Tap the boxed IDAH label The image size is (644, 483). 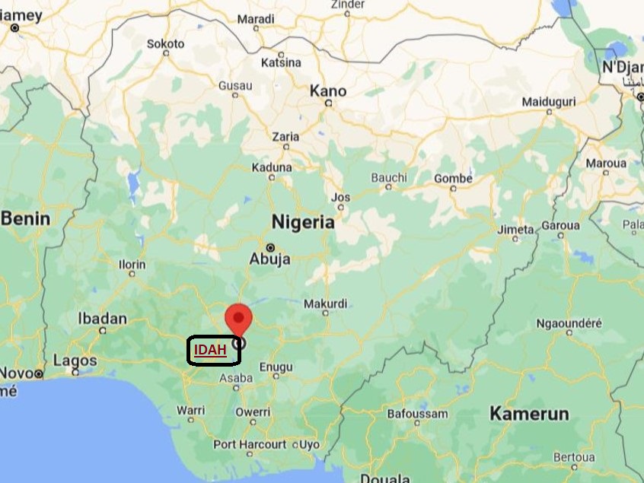[211, 350]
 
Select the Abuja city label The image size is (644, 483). [269, 259]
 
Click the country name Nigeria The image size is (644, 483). [304, 223]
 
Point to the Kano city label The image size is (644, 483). [328, 91]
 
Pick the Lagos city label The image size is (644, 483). [75, 360]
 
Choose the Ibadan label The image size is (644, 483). [103, 319]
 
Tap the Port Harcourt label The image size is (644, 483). [250, 444]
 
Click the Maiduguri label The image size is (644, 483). [548, 101]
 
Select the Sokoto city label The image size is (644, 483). [165, 44]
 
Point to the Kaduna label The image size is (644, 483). [272, 167]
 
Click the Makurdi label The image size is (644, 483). [326, 303]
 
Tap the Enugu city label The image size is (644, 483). [276, 367]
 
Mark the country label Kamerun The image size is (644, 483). [528, 414]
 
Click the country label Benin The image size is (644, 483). [25, 219]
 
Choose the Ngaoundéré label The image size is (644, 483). [569, 323]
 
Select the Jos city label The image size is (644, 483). [341, 198]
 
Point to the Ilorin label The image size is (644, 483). [132, 265]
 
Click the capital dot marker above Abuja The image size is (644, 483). [269, 246]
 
